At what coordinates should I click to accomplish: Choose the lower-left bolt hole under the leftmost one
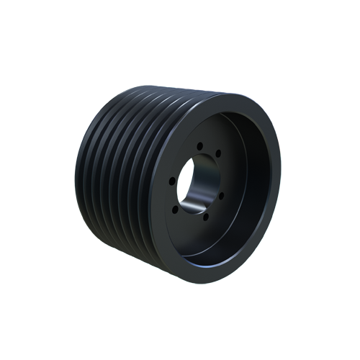(x=176, y=209)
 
